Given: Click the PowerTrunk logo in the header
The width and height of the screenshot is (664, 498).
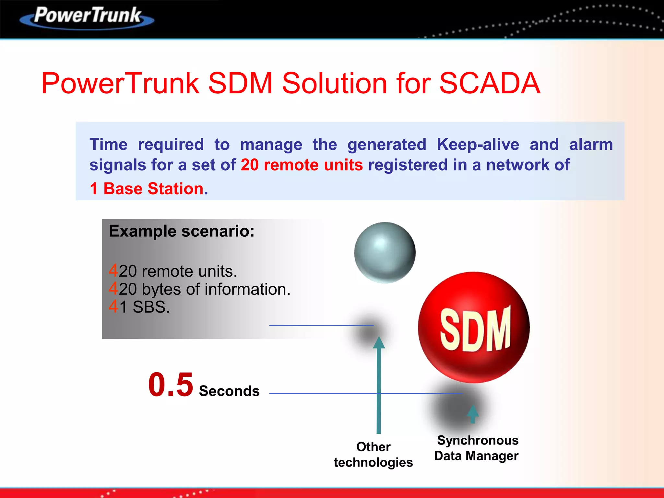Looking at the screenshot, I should tap(87, 17).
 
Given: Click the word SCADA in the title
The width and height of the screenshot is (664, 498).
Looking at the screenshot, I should tap(490, 83).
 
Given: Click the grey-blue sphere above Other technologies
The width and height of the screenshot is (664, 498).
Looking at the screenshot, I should tap(385, 253).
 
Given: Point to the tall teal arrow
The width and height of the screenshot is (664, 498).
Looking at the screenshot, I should tap(379, 386).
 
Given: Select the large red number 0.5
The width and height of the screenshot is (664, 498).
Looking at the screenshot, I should tap(171, 385).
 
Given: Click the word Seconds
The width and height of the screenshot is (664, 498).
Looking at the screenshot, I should tap(229, 391).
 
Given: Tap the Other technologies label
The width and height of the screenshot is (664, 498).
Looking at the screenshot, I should tap(373, 455).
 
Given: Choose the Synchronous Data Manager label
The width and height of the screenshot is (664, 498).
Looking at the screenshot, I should tap(477, 448).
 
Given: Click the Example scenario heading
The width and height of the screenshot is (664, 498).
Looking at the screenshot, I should tap(182, 231).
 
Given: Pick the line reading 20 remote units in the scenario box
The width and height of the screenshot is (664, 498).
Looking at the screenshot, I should tap(178, 271).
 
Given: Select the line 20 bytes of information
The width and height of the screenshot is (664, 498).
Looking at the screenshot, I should tap(204, 289).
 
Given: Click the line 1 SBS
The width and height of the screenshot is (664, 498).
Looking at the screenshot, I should tap(144, 307).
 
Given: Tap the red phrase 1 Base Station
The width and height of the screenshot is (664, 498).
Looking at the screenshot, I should tap(149, 189).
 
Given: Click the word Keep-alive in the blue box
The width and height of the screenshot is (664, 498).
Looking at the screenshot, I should tap(478, 145).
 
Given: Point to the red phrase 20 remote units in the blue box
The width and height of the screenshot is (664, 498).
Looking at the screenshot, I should tap(302, 165).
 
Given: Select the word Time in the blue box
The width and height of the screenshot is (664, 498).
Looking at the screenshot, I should tap(109, 145).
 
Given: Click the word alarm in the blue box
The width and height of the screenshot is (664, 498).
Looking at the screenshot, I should tap(591, 145).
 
